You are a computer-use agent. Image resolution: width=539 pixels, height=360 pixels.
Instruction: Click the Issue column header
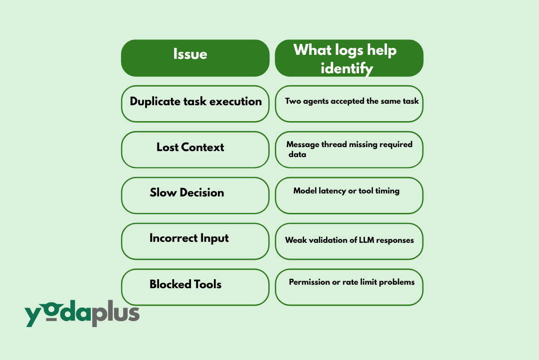[x=195, y=58]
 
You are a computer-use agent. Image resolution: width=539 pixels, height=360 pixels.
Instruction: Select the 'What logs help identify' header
[x=349, y=58]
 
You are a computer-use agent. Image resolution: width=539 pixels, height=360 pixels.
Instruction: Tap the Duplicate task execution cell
[x=195, y=104]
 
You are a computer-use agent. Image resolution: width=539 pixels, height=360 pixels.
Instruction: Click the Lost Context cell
[x=195, y=150]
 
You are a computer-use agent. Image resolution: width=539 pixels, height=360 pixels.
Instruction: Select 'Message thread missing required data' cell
[x=349, y=150]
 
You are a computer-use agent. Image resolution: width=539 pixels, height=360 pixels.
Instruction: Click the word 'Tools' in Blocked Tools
[x=206, y=285]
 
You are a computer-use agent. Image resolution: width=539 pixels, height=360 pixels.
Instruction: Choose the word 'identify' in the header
[x=347, y=68]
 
